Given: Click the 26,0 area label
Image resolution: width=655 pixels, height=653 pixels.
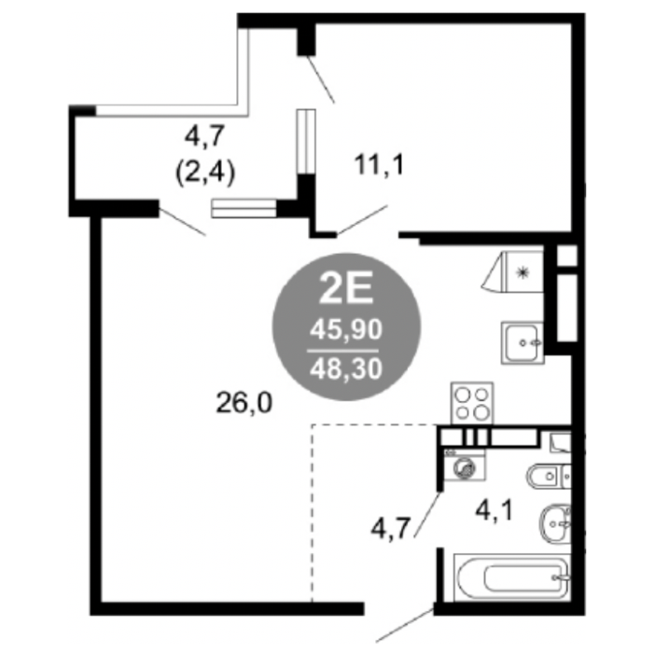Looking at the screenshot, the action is click(x=244, y=404).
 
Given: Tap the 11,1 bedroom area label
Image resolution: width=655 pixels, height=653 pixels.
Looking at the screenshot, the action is click(x=380, y=165).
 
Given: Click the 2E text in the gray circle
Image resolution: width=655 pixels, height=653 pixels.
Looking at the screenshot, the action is click(x=346, y=288).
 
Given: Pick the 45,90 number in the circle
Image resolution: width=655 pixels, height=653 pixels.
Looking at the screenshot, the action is click(x=346, y=330).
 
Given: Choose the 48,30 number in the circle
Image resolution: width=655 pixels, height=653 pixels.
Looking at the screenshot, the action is click(x=346, y=369).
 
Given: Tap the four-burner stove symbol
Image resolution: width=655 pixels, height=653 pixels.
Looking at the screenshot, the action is click(x=471, y=403).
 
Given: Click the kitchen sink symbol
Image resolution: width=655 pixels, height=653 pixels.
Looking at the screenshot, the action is click(x=523, y=342).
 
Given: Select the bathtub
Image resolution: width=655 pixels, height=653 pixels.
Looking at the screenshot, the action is click(x=512, y=577).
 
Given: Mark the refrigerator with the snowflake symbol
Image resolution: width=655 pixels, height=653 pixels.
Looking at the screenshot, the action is click(x=513, y=271).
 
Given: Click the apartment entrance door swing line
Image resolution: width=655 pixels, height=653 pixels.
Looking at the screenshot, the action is click(x=405, y=625).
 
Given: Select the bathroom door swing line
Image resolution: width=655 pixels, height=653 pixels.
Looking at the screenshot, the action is click(x=427, y=515).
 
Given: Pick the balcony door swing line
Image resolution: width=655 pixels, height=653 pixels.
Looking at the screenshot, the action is click(x=182, y=222).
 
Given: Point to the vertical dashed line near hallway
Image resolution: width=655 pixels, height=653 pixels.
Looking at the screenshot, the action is click(x=312, y=513).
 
